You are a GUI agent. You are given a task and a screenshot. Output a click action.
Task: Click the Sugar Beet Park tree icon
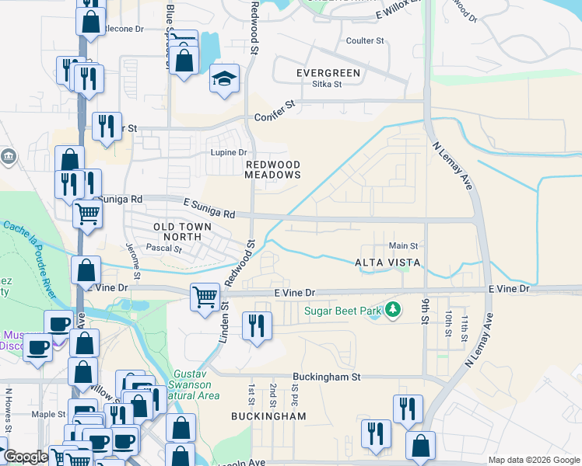pyautogui.click(x=394, y=311)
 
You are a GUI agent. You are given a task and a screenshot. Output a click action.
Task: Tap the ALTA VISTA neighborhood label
pyautogui.click(x=387, y=263)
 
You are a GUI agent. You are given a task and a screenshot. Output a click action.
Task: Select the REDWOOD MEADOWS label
pyautogui.click(x=272, y=170)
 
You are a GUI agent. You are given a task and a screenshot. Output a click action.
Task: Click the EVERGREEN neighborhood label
pyautogui.click(x=328, y=73)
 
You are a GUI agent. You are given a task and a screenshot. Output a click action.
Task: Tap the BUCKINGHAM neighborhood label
pyautogui.click(x=268, y=416)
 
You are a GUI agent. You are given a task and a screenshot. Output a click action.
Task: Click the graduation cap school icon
pyautogui.click(x=224, y=79)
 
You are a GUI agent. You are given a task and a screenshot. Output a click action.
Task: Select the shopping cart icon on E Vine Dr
pyautogui.click(x=205, y=295)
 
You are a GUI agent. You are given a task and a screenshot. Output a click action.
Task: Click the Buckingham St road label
pyautogui.click(x=328, y=377)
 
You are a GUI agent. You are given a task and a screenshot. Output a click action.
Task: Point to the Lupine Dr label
pyautogui.click(x=229, y=152)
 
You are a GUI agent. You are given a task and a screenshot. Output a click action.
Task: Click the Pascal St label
pyautogui.click(x=164, y=250)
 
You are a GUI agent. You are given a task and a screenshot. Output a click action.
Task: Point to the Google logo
pyautogui.click(x=25, y=457)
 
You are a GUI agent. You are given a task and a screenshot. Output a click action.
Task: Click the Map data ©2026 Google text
pyautogui.click(x=534, y=460)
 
